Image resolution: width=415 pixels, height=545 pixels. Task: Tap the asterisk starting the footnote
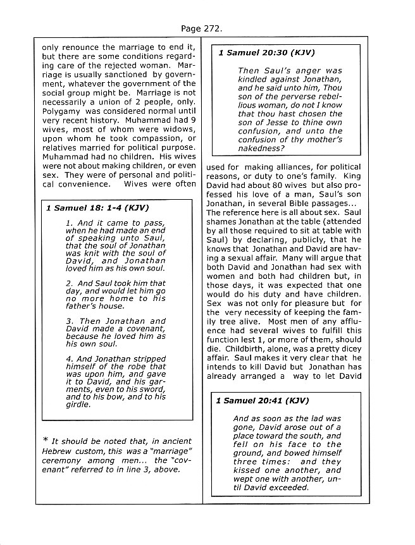point(45,440)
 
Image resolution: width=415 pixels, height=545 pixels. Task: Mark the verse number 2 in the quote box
point(68,283)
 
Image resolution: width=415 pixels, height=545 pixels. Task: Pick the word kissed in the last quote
point(249,470)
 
